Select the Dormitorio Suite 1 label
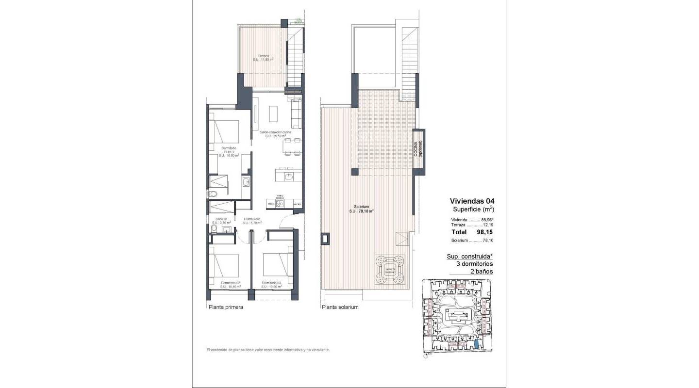pos(228,151)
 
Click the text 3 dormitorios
pos(474,264)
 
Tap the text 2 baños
pos(482,272)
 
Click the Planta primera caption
pos(225,307)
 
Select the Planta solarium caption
pos(340,307)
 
